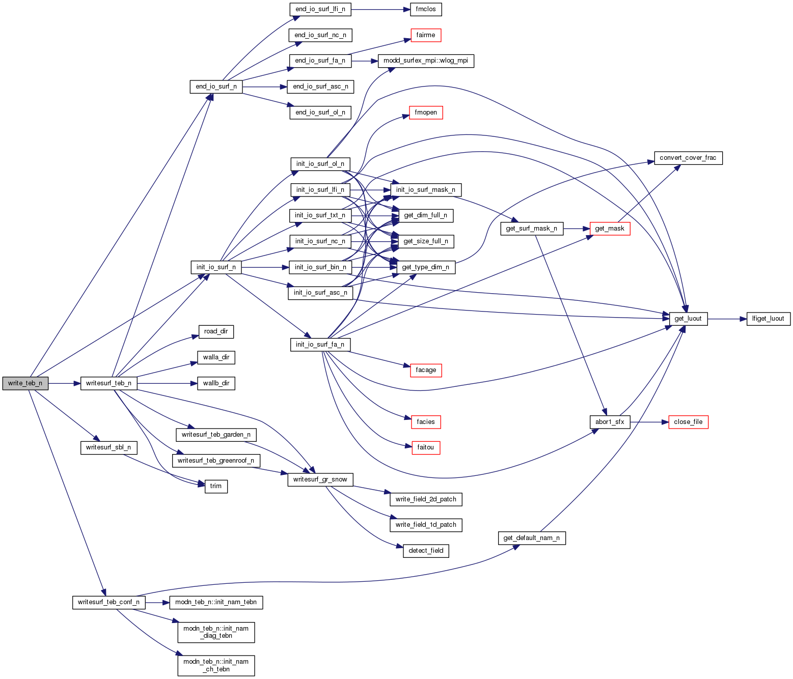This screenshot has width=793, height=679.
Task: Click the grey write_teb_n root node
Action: point(25,383)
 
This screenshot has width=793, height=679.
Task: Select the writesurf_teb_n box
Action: point(108,383)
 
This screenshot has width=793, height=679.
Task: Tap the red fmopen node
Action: point(426,112)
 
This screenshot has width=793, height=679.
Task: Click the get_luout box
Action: point(688,319)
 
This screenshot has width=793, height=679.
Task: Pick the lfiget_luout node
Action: point(768,319)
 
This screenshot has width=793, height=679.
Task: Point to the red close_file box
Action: point(688,422)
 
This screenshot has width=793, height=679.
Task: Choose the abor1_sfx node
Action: point(610,422)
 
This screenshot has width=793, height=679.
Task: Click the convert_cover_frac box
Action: point(688,158)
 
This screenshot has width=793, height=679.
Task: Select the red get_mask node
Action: point(610,229)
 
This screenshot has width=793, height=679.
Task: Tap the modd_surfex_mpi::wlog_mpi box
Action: point(425,61)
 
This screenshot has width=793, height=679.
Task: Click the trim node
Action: point(216,486)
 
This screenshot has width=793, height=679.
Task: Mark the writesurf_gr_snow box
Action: point(320,479)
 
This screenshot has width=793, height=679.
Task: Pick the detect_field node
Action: point(426,551)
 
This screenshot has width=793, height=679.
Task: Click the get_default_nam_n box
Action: point(531,538)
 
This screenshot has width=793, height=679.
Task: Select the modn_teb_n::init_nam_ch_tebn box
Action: point(216,665)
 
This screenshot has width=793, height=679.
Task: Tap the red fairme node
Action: point(426,35)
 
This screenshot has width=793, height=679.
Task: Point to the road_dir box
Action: point(216,331)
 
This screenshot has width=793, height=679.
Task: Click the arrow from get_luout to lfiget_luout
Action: point(727,319)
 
